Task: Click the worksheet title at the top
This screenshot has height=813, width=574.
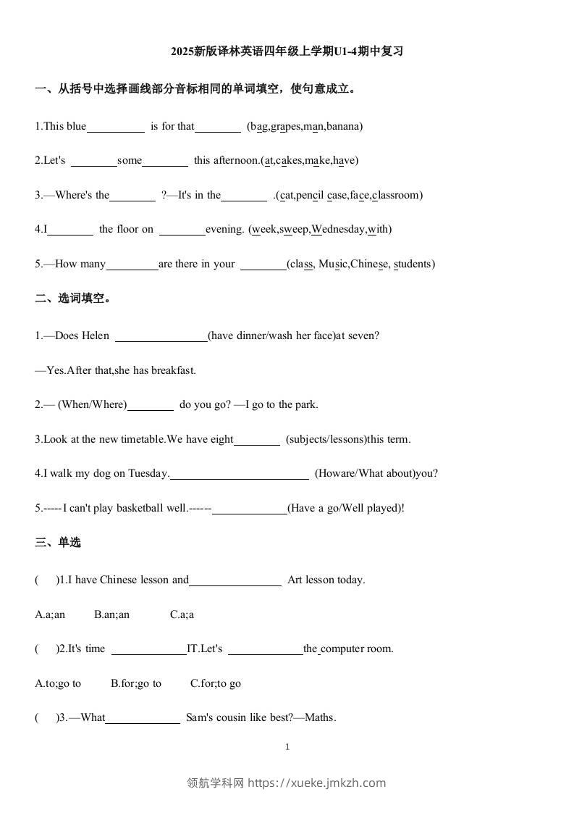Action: click(x=287, y=51)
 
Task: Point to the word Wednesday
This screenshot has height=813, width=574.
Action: click(x=338, y=229)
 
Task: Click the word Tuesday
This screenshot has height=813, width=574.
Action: click(x=148, y=473)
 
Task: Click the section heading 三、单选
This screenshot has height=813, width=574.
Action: click(x=58, y=543)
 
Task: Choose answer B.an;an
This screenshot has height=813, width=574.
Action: click(x=111, y=614)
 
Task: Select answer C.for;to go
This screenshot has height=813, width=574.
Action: click(x=216, y=683)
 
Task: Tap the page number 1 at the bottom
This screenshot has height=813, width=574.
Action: click(x=287, y=747)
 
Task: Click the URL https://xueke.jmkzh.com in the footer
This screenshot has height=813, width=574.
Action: click(x=317, y=783)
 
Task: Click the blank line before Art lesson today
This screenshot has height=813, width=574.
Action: click(x=235, y=581)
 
